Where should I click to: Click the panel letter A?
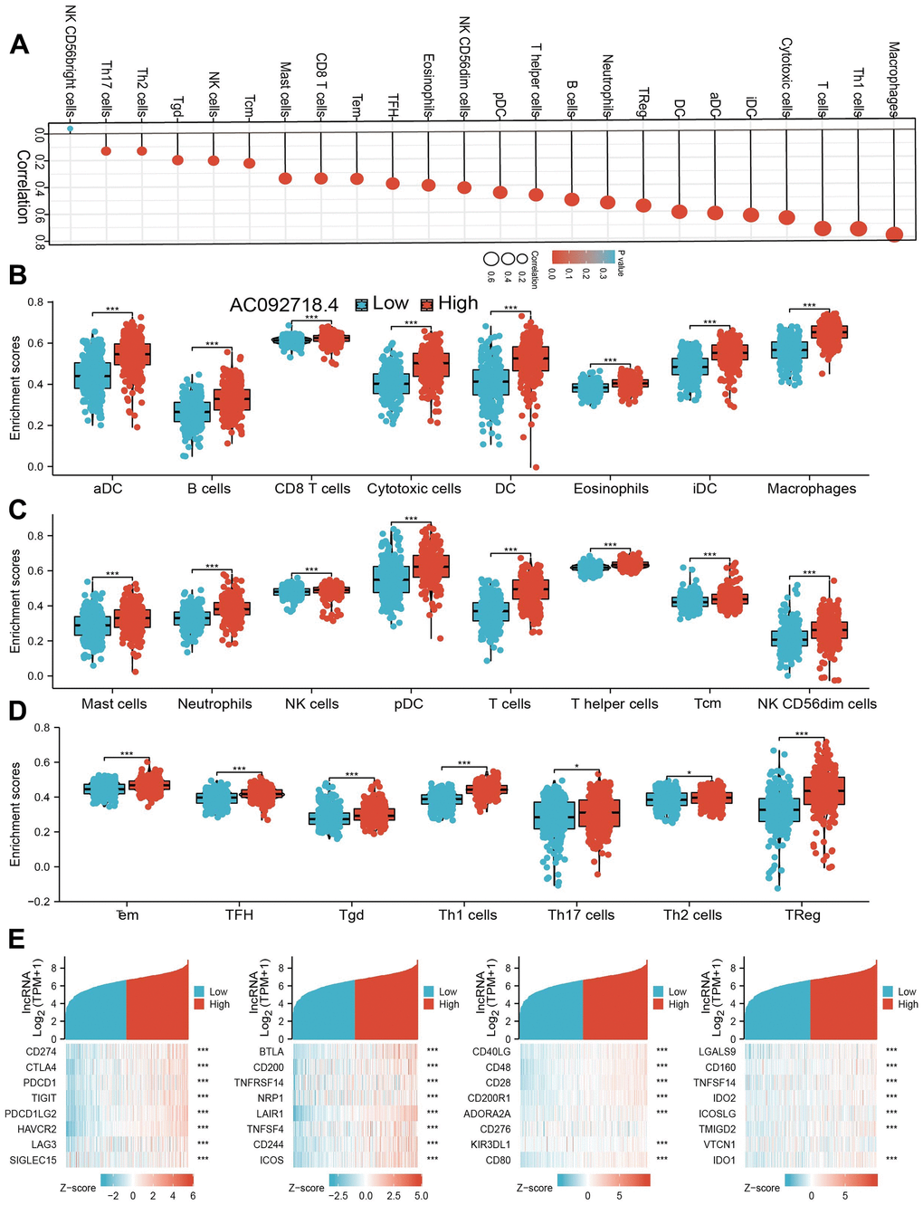pyautogui.click(x=19, y=43)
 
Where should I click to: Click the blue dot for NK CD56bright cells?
pyautogui.click(x=71, y=129)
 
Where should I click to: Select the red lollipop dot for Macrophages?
pyautogui.click(x=894, y=234)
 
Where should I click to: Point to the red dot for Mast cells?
pyautogui.click(x=285, y=177)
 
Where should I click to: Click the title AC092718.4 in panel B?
pyautogui.click(x=283, y=305)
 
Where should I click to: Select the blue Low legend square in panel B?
pyautogui.click(x=362, y=304)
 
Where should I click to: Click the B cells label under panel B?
pyautogui.click(x=209, y=489)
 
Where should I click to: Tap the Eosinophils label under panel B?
pyautogui.click(x=611, y=489)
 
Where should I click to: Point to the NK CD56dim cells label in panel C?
pyautogui.click(x=817, y=703)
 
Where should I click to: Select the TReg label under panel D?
pyautogui.click(x=803, y=915)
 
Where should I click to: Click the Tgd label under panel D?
pyautogui.click(x=351, y=915)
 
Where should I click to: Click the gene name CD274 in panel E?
pyautogui.click(x=43, y=1051)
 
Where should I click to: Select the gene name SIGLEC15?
pyautogui.click(x=33, y=1160)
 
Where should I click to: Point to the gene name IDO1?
pyautogui.click(x=724, y=1160)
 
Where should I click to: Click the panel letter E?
pyautogui.click(x=17, y=938)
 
